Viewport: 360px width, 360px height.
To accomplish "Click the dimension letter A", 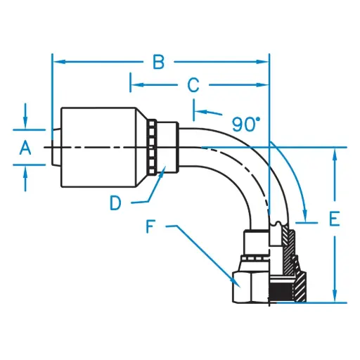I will pos(25,147).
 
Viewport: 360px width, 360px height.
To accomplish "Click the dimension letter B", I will pos(159,63).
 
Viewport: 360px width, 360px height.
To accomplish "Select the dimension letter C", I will pos(193,86).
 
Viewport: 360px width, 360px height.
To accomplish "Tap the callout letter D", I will pos(117,203).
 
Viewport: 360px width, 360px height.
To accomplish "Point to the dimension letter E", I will pos(335,219).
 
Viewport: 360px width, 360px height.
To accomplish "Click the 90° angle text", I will pos(246,124).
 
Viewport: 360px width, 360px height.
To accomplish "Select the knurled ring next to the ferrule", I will pos(151,147).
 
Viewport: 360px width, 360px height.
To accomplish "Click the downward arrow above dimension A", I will pos(25,124).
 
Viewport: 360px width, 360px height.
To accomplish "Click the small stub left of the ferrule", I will pos(56,147).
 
